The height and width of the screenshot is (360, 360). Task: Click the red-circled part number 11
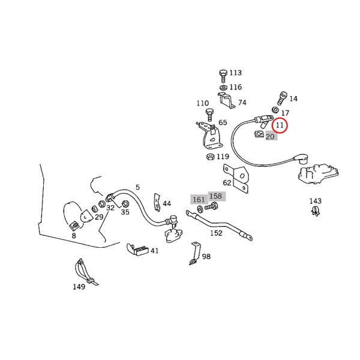coord(280,125)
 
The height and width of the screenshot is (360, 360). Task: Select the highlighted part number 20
coord(270,137)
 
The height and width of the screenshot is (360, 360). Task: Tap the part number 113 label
coord(236,73)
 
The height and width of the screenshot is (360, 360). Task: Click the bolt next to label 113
coord(223,76)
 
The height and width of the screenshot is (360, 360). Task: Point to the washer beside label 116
coord(223,88)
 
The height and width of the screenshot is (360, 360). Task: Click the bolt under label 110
coord(209,115)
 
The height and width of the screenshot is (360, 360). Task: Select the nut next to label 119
coord(211,157)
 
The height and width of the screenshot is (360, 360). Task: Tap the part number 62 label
coord(227,183)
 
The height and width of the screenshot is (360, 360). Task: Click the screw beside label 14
coord(283,98)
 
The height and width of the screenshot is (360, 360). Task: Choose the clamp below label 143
coord(316,211)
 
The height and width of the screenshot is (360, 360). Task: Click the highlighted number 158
coord(216,196)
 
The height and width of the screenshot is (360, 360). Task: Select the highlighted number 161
coord(199,200)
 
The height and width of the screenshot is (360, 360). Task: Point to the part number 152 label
coord(216,233)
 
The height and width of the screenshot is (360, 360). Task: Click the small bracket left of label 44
coord(157,202)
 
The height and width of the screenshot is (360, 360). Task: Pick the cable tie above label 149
coord(85,272)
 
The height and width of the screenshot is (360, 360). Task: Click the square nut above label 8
coord(73,226)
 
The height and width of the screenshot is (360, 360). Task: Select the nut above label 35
coord(125,203)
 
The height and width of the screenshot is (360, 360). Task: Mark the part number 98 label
coord(206,256)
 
